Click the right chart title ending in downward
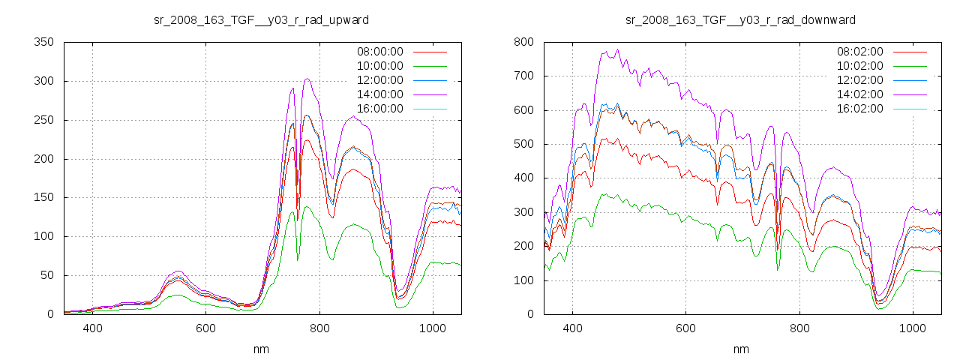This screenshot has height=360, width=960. click(741, 19)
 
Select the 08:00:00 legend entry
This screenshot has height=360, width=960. click(379, 52)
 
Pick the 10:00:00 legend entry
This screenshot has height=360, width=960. click(379, 66)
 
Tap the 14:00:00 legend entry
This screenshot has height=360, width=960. click(379, 94)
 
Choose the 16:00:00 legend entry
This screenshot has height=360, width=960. click(379, 109)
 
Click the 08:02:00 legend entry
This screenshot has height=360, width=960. click(859, 52)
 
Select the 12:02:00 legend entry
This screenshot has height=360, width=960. click(859, 80)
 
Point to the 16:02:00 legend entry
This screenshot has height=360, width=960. click(859, 109)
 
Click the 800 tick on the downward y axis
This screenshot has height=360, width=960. click(523, 42)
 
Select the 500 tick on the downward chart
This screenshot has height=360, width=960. click(523, 144)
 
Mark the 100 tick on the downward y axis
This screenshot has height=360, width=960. click(523, 280)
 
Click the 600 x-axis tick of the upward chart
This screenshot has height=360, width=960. click(206, 328)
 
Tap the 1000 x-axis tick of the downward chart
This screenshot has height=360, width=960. click(912, 328)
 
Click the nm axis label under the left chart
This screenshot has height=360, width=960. click(261, 349)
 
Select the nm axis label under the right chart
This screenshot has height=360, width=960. click(741, 349)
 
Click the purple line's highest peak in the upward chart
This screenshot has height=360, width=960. click(307, 79)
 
